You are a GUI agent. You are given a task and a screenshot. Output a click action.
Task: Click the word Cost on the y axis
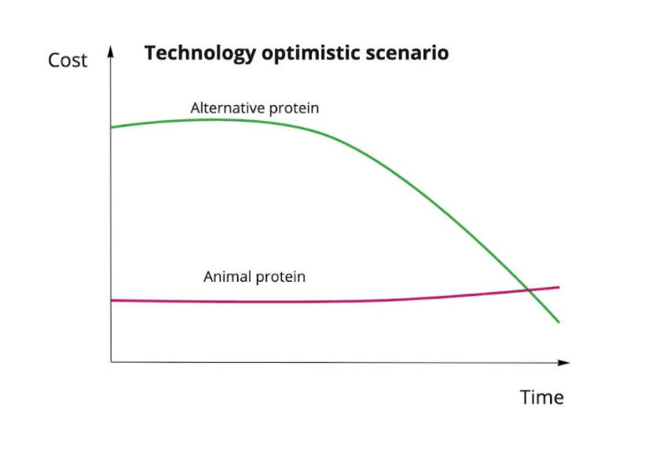68,60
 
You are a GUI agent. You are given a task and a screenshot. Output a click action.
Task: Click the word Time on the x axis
542,397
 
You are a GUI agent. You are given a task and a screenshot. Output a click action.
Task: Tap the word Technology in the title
200,53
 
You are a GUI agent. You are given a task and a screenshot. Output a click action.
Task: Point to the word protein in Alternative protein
295,108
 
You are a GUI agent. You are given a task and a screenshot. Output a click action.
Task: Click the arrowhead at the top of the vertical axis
111,52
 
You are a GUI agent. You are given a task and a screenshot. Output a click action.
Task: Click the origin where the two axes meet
111,362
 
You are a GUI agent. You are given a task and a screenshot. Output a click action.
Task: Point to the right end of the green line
559,322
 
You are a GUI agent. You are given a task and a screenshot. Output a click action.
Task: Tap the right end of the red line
559,287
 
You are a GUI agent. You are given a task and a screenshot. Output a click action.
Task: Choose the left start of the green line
112,127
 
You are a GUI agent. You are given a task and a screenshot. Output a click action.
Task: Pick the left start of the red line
112,301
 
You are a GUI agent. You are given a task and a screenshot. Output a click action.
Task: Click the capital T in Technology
150,53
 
